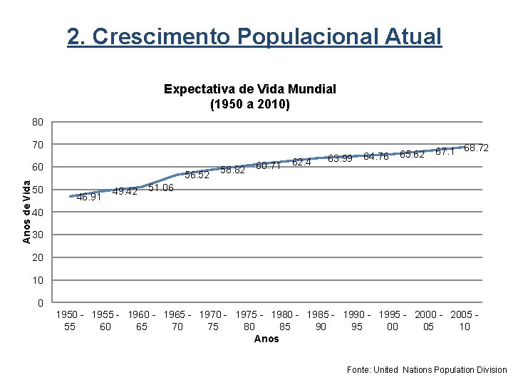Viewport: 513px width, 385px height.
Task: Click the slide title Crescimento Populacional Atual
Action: click(x=254, y=36)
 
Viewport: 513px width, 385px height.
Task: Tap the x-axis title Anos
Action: click(x=266, y=339)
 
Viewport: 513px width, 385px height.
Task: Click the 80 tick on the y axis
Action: click(x=38, y=123)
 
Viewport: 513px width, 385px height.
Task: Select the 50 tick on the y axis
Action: click(x=38, y=190)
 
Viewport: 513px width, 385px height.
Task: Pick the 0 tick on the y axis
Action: click(x=41, y=302)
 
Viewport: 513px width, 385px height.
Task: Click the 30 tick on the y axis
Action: click(x=38, y=235)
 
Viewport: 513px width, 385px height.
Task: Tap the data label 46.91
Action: click(x=88, y=197)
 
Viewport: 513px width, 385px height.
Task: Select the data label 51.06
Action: click(x=161, y=188)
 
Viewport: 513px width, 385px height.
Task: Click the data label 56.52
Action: click(x=197, y=175)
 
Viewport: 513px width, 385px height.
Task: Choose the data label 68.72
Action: click(x=476, y=148)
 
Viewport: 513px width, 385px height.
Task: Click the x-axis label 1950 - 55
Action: click(x=70, y=320)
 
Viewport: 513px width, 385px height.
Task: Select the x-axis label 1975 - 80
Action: click(x=249, y=320)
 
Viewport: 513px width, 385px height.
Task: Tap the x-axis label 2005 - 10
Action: click(x=465, y=320)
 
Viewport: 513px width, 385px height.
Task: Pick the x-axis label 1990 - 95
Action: click(x=357, y=320)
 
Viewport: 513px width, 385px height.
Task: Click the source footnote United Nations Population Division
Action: click(x=427, y=370)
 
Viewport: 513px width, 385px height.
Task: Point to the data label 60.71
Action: click(x=268, y=166)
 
